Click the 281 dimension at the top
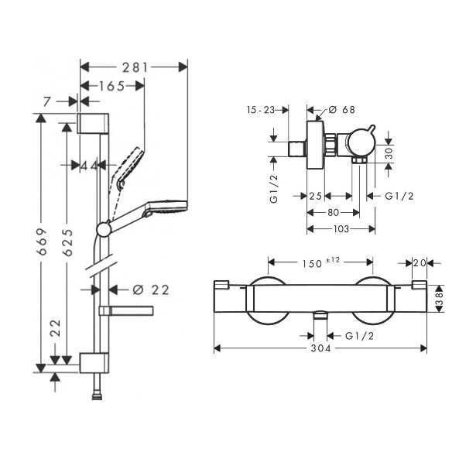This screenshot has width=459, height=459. pos(135,67)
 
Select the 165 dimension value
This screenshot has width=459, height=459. pos(112,87)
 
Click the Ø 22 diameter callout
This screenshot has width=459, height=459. pos(151,290)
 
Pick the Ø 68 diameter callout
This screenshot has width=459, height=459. pos(341,110)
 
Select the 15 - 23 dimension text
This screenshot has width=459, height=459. pos(261,110)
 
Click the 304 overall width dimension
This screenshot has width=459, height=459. pos(320,348)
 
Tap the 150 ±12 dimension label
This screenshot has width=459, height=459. pos(320,262)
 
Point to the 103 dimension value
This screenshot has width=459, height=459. pos(341,228)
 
